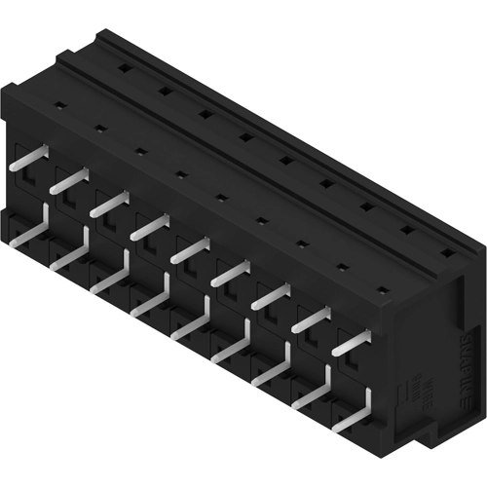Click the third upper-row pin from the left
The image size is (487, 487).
pyautogui.click(x=109, y=205)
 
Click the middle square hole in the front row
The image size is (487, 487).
pyautogui.click(x=222, y=198)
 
